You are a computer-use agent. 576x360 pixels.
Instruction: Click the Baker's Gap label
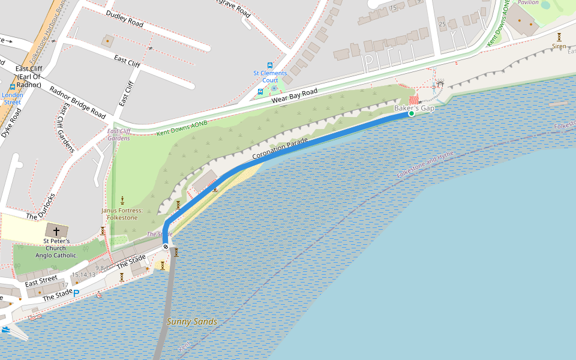pos(414,107)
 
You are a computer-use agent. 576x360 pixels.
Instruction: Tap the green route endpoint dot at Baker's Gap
pos(412,113)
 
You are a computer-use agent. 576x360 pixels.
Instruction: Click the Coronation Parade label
pos(280,148)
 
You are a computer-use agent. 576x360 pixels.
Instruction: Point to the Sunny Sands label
pos(192,322)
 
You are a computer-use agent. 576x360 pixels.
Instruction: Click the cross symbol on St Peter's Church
pos(56,230)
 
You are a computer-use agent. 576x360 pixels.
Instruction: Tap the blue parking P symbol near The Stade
pos(76,293)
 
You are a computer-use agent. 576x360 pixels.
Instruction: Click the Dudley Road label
pos(125,19)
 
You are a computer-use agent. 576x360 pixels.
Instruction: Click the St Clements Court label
pos(270,77)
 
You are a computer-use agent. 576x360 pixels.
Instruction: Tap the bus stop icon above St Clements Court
pos(270,65)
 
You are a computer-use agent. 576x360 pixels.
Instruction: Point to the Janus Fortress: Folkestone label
pos(122,214)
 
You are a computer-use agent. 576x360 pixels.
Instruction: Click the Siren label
pos(559,46)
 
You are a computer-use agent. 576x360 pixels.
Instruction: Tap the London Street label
pos(12,98)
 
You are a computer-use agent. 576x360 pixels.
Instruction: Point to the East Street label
pos(41,280)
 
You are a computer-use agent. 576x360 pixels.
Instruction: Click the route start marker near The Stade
pos(166,247)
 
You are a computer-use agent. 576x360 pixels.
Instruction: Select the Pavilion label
pos(528,2)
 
